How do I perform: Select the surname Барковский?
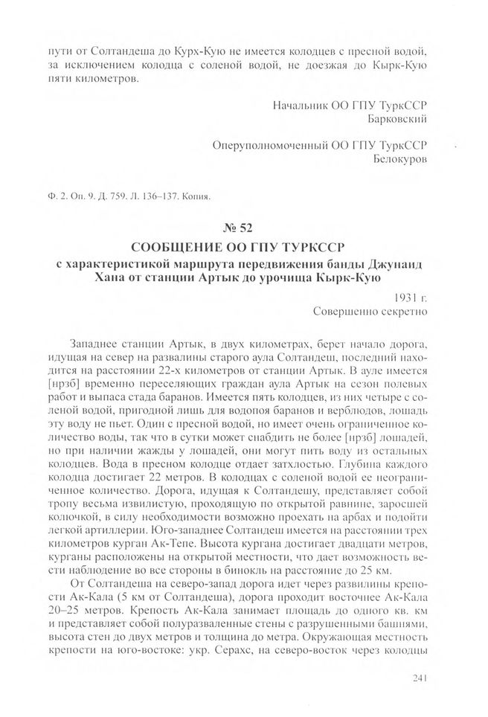[398, 118]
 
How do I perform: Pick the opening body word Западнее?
[96, 345]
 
